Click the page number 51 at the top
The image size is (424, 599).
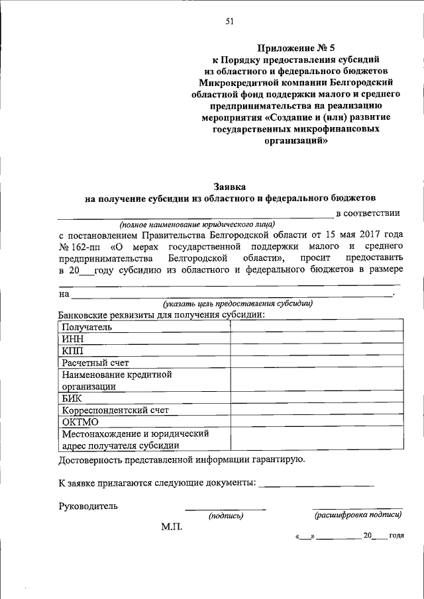point(229,21)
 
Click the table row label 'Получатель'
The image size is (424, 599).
point(87,327)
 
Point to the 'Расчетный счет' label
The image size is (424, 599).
point(95,363)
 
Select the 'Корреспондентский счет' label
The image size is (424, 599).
point(115,410)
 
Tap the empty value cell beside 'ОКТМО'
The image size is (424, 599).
point(316,422)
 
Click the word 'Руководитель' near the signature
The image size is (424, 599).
point(88,506)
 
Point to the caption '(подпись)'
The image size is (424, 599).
point(226,516)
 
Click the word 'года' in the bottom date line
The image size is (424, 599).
point(397,535)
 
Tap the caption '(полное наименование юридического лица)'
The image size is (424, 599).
point(197,224)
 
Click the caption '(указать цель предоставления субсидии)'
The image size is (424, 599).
point(238,304)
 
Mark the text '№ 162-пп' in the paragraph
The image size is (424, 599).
point(79,248)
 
